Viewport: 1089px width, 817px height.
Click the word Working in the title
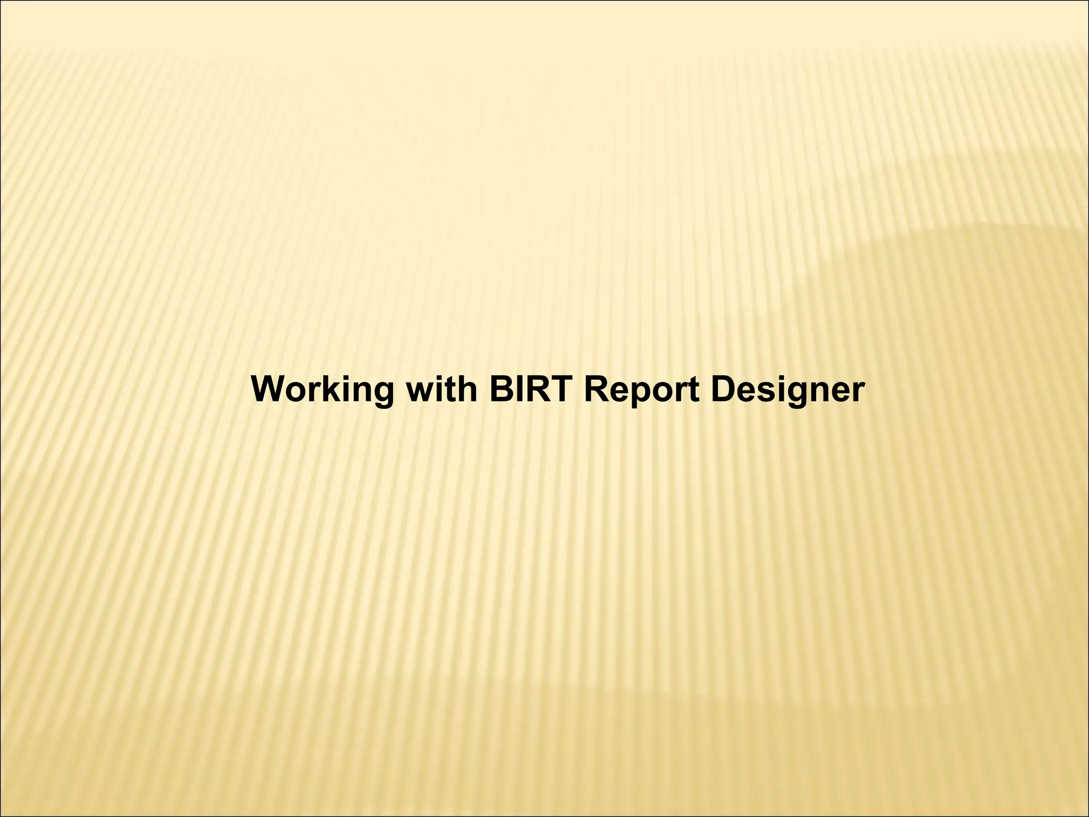click(323, 390)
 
